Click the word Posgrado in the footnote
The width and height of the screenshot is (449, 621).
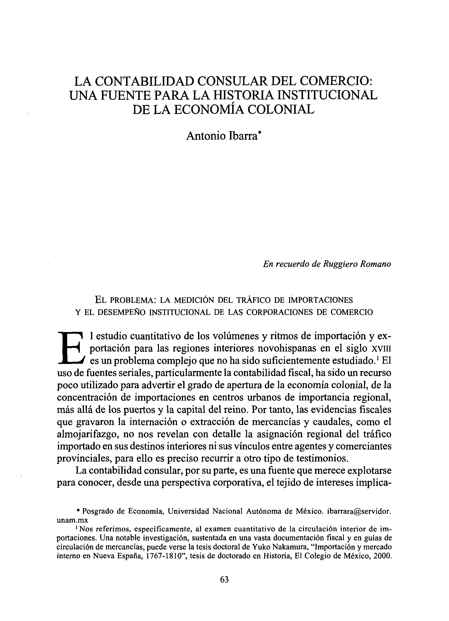click(x=97, y=511)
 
